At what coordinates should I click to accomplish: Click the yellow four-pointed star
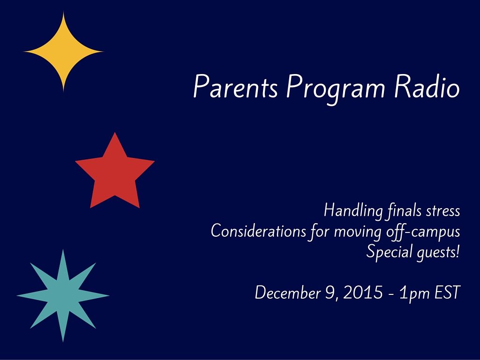[x=63, y=52]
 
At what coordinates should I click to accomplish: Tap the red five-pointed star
[x=115, y=173]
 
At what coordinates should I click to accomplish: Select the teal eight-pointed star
[x=63, y=296]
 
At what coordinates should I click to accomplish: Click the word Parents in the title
[x=235, y=87]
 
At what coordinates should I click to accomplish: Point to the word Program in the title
[x=336, y=89]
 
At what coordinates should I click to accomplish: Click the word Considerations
[x=258, y=231]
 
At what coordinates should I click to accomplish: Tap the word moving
[x=358, y=232]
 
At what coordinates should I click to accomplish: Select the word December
[x=288, y=292]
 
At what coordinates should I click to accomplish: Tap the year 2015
[x=363, y=292]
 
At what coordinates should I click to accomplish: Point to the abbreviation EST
[x=447, y=292]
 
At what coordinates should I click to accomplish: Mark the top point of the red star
[x=115, y=132]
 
